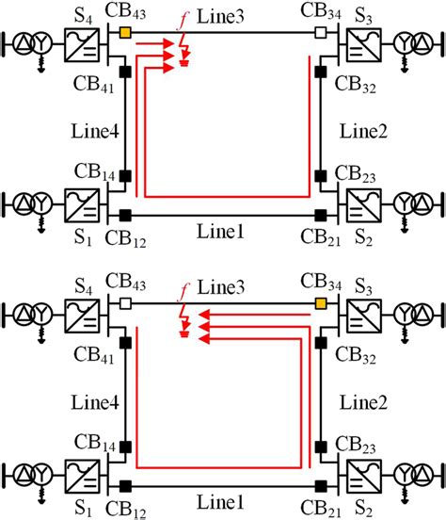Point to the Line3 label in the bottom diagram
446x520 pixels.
[x=222, y=285]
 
